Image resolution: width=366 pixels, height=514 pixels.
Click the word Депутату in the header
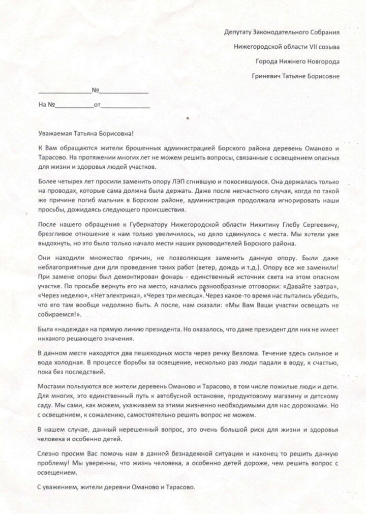coord(239,32)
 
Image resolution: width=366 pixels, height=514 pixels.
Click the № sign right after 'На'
coord(51,106)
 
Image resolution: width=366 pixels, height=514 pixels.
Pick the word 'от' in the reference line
coord(98,106)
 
